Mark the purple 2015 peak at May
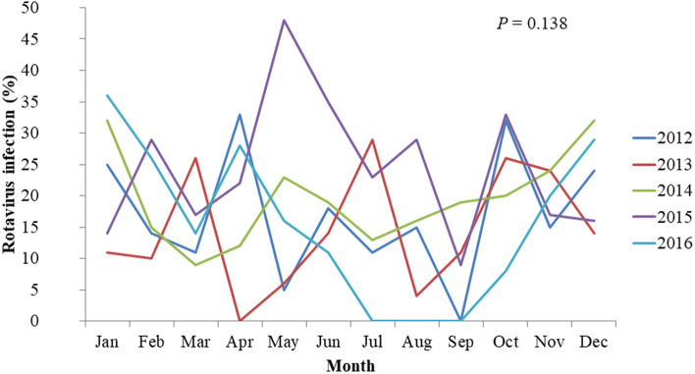(x=284, y=21)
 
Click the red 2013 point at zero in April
(x=239, y=320)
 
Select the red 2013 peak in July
(x=372, y=139)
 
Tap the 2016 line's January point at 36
(x=105, y=95)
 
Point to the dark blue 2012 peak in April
(x=239, y=115)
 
